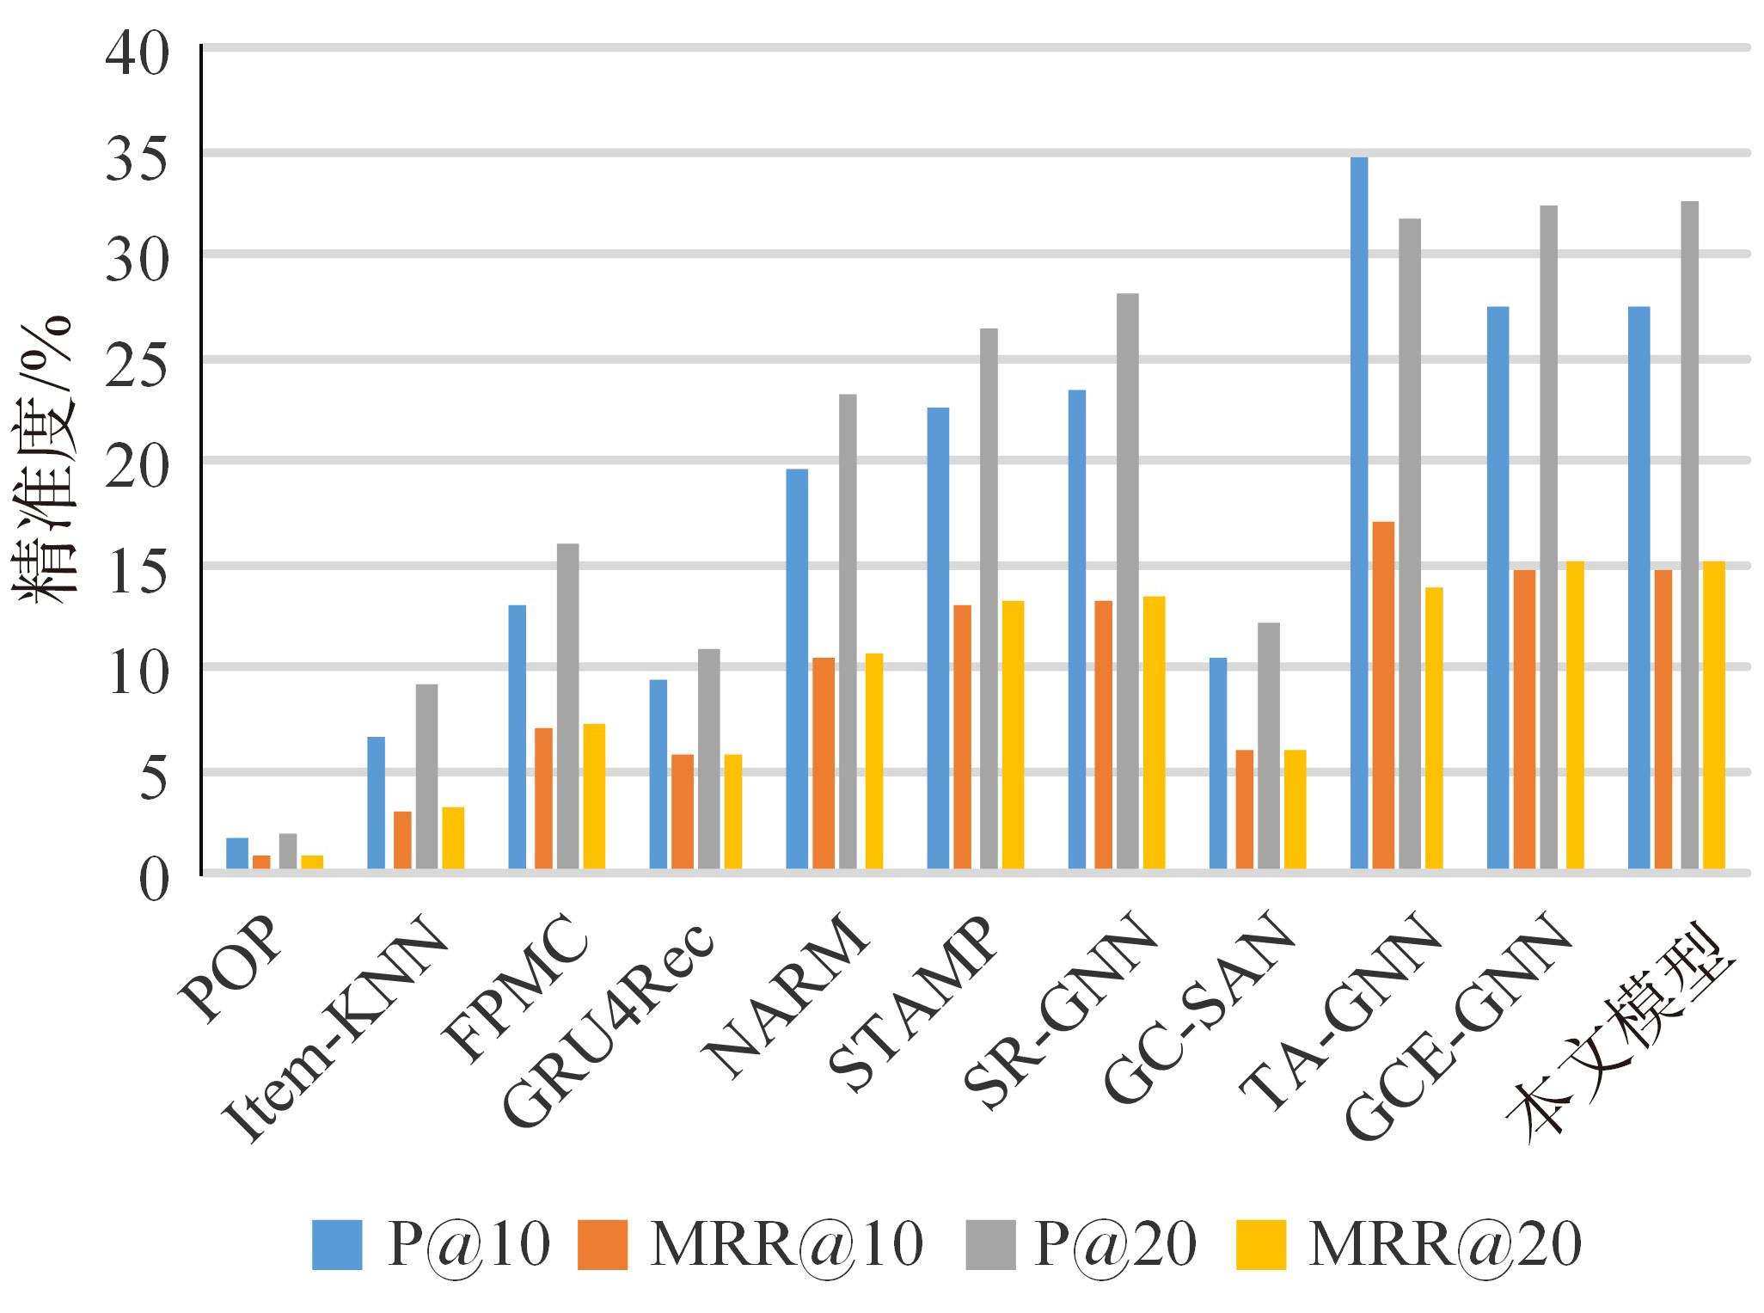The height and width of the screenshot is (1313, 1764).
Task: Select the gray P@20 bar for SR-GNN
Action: point(1128,581)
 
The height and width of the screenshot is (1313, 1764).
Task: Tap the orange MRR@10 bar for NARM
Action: point(823,763)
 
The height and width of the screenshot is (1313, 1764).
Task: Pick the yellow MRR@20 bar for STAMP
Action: point(1013,734)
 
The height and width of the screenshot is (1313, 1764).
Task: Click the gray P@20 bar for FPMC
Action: point(567,706)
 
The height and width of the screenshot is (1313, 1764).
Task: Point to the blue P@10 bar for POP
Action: point(236,853)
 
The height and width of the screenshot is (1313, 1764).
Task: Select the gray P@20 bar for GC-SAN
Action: point(1269,745)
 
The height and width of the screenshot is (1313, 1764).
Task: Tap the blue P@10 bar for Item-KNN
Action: point(376,802)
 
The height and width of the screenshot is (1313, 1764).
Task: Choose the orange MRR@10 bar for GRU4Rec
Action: point(682,811)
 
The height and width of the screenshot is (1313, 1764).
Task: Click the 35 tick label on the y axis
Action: point(137,156)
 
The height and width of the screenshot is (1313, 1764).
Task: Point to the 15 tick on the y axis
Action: point(137,568)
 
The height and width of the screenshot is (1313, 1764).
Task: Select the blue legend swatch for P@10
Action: point(336,1243)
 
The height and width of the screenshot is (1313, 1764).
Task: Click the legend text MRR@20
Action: point(1444,1243)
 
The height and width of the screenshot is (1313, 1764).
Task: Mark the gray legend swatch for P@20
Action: point(989,1243)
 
